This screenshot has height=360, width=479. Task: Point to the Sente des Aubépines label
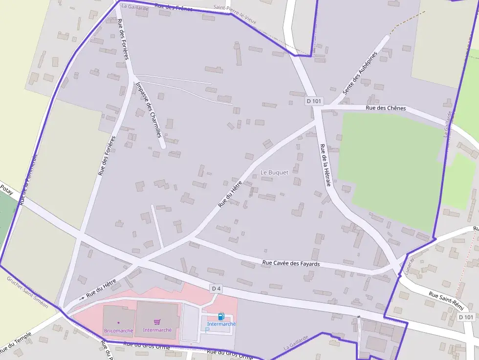[x=360, y=73]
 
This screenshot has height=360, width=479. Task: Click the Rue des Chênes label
[x=386, y=108]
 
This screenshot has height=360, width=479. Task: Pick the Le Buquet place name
[x=274, y=172]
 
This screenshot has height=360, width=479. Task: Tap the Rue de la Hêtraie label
[x=325, y=165]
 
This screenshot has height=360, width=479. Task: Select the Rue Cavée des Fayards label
[x=291, y=264]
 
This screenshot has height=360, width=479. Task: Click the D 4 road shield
[x=216, y=289]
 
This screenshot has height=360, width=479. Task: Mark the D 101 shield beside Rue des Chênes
[x=314, y=101]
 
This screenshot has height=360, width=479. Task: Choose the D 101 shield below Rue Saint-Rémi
[x=466, y=317]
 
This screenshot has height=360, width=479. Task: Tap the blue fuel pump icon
[x=221, y=317]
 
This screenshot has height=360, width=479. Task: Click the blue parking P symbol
[x=207, y=330]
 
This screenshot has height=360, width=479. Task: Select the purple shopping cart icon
[x=157, y=322]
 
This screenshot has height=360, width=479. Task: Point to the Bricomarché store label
[x=118, y=331]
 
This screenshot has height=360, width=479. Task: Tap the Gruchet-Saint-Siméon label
[x=27, y=292]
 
